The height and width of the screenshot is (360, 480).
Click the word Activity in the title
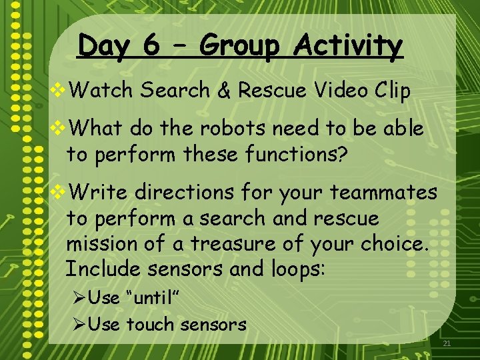pos(349,47)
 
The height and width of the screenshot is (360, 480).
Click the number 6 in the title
pos(151,47)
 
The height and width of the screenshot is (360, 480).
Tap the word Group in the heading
pos(238,47)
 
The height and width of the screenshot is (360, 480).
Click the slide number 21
pos(447,344)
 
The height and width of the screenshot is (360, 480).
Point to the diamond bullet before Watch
pos(58,91)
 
